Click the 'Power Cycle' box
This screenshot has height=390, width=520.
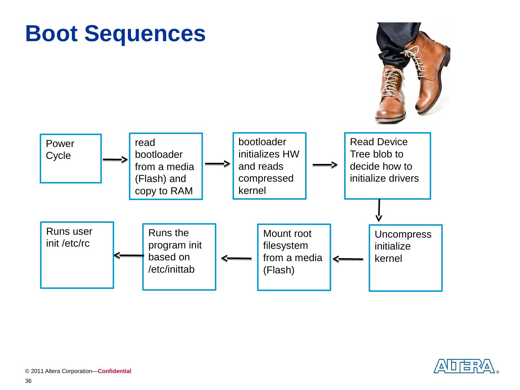click(x=70, y=159)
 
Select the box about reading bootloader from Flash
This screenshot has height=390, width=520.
click(x=166, y=166)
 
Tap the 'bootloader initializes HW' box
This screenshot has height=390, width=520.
click(x=269, y=166)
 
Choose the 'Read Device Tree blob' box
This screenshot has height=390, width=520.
click(x=387, y=166)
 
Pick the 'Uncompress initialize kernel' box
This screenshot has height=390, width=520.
click(x=406, y=258)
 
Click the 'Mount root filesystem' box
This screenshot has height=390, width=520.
click(x=294, y=257)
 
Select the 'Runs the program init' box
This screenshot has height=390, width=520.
click(x=179, y=257)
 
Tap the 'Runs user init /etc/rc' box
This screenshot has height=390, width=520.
click(x=77, y=255)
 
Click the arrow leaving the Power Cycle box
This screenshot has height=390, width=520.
click(x=115, y=160)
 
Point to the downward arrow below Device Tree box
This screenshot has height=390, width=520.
click(x=379, y=210)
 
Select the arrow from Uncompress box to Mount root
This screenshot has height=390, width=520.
click(x=348, y=259)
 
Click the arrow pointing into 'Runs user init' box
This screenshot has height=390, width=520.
click(x=129, y=255)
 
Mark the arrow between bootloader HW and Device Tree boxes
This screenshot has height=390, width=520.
click(x=325, y=165)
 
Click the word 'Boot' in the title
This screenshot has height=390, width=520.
click(x=51, y=34)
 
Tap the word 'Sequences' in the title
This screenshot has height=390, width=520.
click(x=145, y=34)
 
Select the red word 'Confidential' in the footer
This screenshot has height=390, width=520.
click(x=114, y=371)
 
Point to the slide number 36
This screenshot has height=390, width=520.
click(x=28, y=381)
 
